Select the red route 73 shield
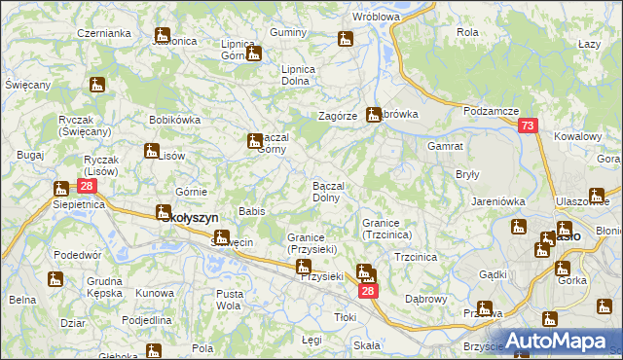coord(528,126)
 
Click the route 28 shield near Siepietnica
coord(87,186)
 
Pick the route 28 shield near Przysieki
coord(367,291)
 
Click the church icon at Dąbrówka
coord(373,115)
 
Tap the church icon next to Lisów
coord(152,151)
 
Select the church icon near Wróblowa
coord(345,39)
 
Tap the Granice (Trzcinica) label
coord(387,229)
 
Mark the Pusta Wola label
coord(230,300)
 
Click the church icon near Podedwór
coord(55,279)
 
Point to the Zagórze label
coord(338,116)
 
